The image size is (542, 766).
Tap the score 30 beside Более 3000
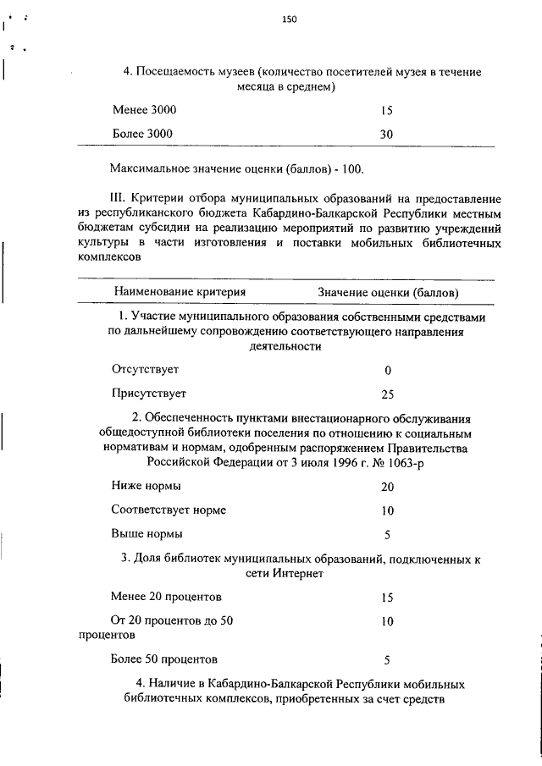(x=386, y=134)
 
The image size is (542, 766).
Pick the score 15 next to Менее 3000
(x=386, y=110)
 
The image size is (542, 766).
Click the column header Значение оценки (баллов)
(x=389, y=292)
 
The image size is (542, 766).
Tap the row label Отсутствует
(x=145, y=370)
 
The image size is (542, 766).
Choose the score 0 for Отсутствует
(x=387, y=371)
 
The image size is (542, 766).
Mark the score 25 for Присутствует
(x=387, y=394)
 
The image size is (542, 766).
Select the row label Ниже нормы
(x=146, y=487)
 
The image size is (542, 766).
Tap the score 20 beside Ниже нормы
(x=387, y=488)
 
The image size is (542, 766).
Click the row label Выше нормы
(x=147, y=534)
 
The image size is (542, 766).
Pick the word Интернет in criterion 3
(x=297, y=573)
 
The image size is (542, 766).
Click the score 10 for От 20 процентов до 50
(x=387, y=620)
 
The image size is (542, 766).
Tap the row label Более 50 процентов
(x=164, y=659)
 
